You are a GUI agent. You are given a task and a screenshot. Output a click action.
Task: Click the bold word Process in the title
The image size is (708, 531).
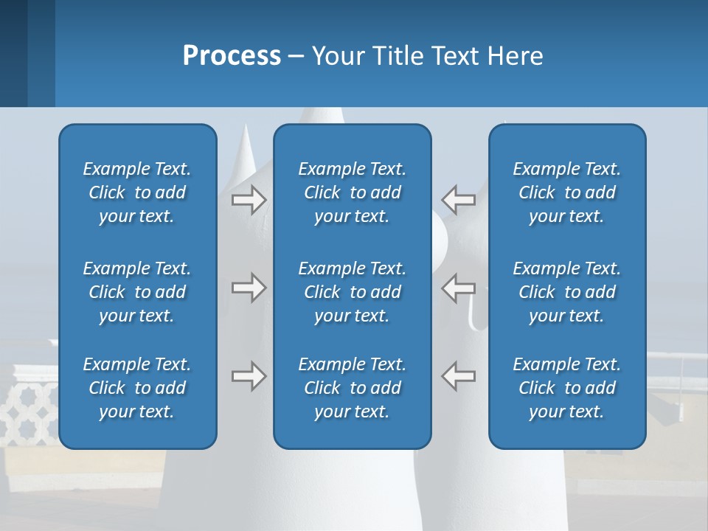tap(232, 56)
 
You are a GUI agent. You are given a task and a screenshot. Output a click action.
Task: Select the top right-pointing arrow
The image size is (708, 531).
tap(249, 200)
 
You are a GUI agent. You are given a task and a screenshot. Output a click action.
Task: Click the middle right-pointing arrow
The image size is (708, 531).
tap(249, 288)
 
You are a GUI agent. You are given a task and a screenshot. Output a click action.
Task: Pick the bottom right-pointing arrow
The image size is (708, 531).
tap(249, 376)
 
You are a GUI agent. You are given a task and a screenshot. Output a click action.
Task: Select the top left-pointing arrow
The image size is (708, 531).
tap(459, 200)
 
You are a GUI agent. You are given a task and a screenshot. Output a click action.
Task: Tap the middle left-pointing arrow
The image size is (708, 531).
tap(459, 288)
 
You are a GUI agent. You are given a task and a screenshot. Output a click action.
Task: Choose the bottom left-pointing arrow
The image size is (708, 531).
tap(459, 376)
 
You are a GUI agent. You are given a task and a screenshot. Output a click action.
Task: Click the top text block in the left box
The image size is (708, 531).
tap(137, 192)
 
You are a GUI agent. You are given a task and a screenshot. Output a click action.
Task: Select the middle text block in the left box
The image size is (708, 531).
tap(137, 292)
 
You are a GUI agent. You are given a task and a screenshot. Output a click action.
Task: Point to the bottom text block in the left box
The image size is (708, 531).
tap(137, 388)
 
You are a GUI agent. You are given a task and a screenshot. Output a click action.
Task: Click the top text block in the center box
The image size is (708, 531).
tap(353, 192)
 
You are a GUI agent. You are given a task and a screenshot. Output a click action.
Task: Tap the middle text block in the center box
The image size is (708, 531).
tap(353, 292)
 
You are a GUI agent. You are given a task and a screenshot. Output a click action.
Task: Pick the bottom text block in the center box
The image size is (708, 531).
tap(353, 388)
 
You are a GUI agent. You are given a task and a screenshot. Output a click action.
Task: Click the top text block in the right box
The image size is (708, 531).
tap(567, 192)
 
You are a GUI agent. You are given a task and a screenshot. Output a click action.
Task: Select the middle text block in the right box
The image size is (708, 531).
tap(567, 292)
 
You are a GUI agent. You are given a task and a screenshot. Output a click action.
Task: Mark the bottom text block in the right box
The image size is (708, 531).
tap(567, 388)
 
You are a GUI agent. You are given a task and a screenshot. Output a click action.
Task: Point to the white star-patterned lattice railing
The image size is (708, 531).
tap(29, 413)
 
